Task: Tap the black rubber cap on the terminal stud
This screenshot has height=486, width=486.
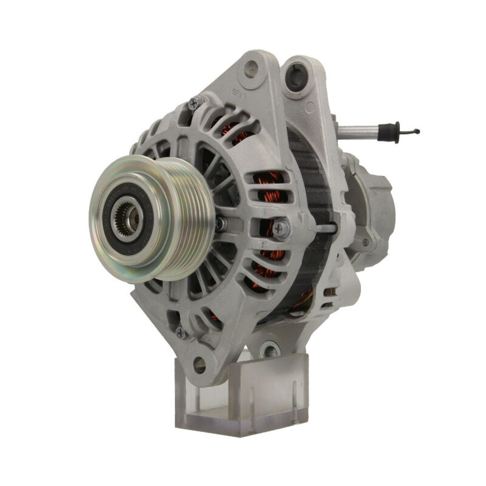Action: [x=391, y=132]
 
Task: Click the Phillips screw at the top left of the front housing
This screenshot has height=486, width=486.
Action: [x=194, y=103]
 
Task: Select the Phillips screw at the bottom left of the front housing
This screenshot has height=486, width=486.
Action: [x=181, y=333]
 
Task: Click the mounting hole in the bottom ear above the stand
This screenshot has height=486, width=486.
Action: [x=199, y=364]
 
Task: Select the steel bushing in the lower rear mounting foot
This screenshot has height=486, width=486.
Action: [x=270, y=349]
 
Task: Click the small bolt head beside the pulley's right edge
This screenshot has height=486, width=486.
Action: [x=221, y=224]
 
